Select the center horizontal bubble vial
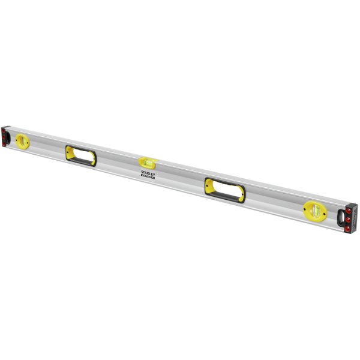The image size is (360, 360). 148,161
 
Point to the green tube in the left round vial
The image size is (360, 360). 23,141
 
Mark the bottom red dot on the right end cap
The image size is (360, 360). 348,229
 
